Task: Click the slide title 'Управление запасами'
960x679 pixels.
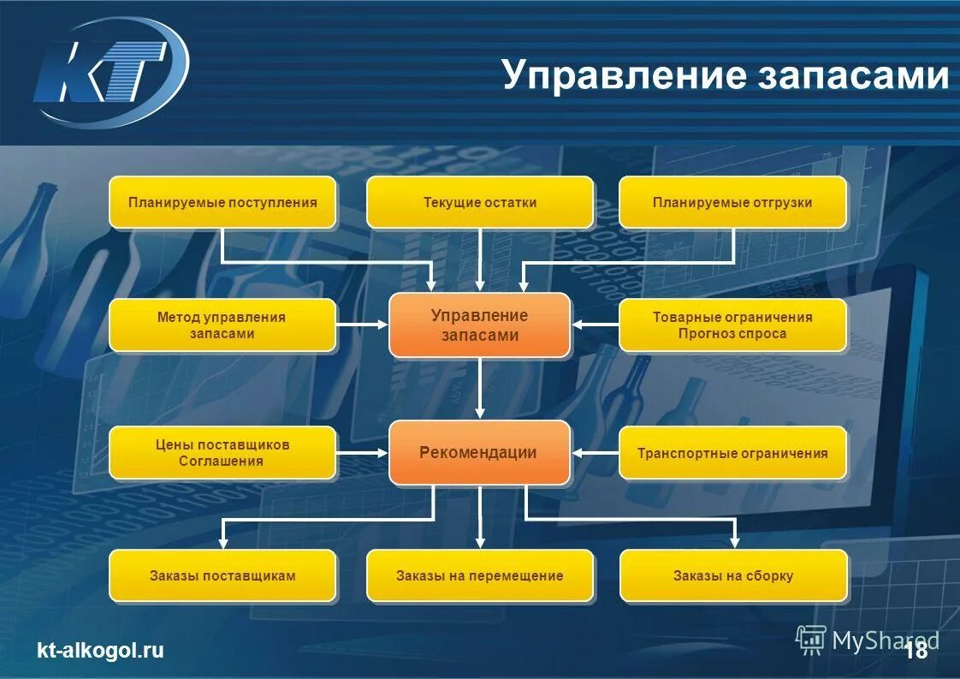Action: click(x=726, y=74)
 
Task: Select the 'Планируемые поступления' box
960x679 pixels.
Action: click(x=222, y=203)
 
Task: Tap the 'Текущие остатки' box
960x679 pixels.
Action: click(x=480, y=203)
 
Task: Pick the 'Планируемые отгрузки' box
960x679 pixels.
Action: click(x=732, y=203)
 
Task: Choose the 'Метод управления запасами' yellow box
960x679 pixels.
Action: click(x=222, y=325)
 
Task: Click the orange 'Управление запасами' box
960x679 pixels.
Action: click(x=479, y=325)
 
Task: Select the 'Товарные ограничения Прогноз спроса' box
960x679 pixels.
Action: click(x=732, y=325)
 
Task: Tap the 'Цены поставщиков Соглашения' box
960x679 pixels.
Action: click(x=222, y=453)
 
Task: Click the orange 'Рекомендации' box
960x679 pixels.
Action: click(x=479, y=453)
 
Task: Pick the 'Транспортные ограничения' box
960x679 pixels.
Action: click(x=732, y=453)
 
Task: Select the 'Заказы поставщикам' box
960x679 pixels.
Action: click(x=222, y=575)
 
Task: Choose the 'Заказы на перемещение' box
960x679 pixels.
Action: click(x=480, y=575)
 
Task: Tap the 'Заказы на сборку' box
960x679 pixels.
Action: click(x=733, y=575)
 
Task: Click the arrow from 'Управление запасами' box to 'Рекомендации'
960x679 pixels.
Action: click(x=480, y=388)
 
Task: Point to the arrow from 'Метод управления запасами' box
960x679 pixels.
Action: click(x=362, y=325)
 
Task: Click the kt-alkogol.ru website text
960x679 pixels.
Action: click(x=100, y=651)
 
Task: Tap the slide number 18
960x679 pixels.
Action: click(x=916, y=652)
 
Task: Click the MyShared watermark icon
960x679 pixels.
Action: click(x=810, y=639)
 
